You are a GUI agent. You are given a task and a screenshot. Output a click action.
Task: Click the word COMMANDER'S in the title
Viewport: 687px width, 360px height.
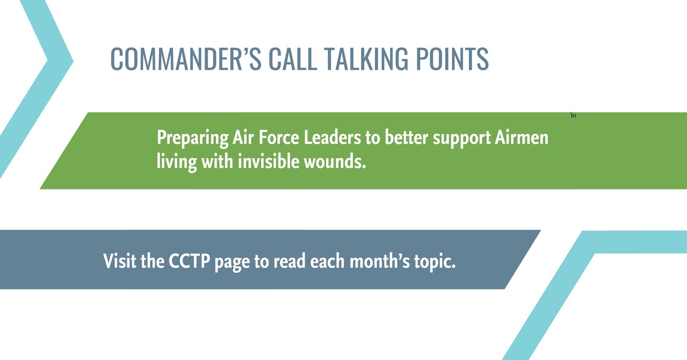click(x=186, y=59)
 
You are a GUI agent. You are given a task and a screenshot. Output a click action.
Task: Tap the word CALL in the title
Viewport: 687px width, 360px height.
click(x=293, y=59)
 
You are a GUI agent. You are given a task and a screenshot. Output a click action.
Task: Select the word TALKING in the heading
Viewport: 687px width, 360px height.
click(x=366, y=59)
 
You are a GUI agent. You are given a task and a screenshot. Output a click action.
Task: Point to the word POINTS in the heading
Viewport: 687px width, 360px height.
click(x=452, y=59)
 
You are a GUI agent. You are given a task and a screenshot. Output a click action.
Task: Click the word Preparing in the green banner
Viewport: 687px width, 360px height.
click(x=192, y=138)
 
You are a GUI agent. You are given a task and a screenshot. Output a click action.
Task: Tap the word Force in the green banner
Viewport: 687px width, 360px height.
click(x=279, y=137)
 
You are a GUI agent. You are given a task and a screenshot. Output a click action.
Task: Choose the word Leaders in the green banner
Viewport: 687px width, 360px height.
click(x=332, y=137)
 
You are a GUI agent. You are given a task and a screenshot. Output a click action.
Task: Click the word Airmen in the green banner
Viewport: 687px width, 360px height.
click(x=521, y=137)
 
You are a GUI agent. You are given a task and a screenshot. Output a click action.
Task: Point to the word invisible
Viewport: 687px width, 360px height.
click(x=269, y=161)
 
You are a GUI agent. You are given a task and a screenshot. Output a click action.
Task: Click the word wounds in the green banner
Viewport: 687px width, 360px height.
click(x=335, y=162)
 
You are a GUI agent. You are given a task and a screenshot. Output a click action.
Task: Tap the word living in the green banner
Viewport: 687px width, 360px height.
click(x=177, y=162)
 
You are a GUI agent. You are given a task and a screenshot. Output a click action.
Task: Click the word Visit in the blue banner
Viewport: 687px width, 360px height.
click(x=120, y=261)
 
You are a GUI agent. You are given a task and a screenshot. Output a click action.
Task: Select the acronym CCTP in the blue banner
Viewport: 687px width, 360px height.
click(x=189, y=261)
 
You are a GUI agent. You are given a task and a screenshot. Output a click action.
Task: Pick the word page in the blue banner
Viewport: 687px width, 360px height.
click(x=232, y=263)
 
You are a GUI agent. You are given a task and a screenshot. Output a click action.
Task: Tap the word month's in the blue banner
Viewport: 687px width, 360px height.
click(x=379, y=261)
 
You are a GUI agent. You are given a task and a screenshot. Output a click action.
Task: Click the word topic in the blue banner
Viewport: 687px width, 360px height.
click(x=435, y=262)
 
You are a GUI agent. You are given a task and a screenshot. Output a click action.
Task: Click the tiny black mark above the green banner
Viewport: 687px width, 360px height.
click(x=573, y=115)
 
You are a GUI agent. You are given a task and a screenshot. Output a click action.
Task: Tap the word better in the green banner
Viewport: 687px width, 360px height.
click(x=406, y=137)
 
